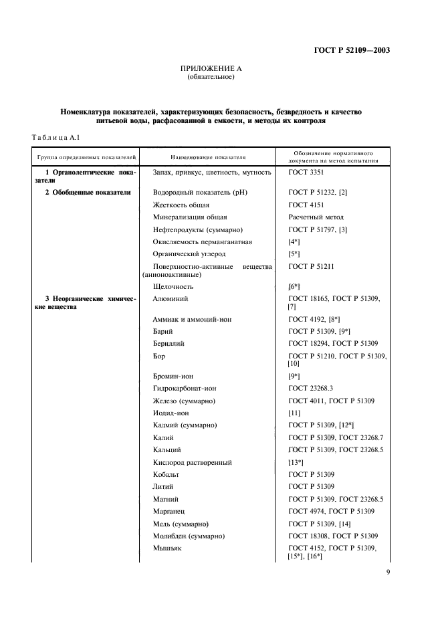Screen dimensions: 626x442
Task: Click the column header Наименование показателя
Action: (208, 157)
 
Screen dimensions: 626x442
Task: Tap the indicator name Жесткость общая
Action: (181, 205)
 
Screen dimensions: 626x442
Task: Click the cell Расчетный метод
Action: (316, 217)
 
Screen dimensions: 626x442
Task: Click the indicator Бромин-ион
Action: (173, 376)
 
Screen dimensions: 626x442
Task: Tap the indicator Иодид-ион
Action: (172, 413)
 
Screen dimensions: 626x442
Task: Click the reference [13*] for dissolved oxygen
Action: (296, 462)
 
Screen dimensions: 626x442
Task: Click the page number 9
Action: (387, 572)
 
